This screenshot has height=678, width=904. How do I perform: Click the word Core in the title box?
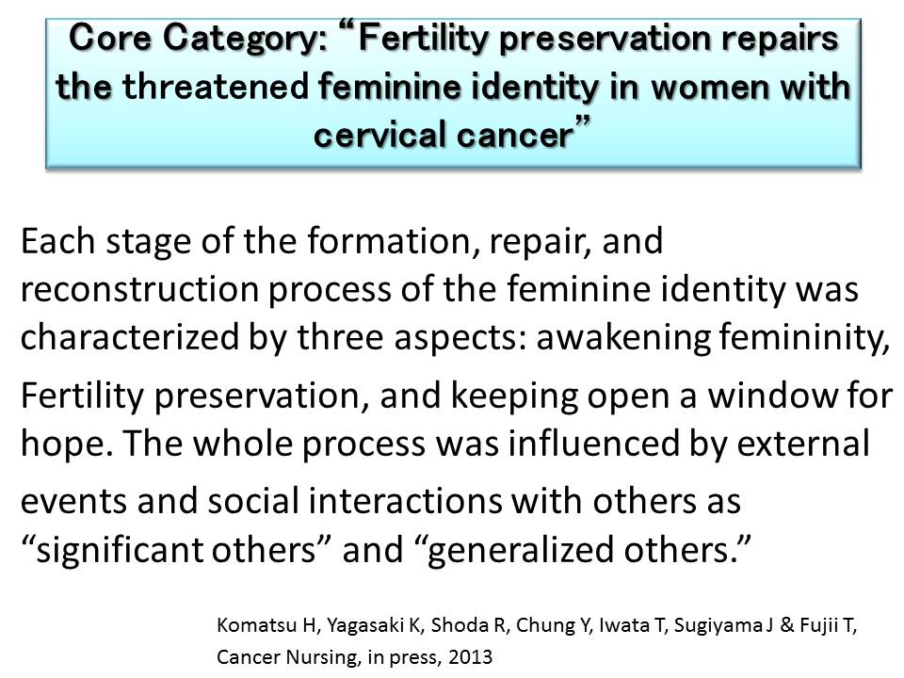[109, 38]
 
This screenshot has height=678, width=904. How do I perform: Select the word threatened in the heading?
[217, 87]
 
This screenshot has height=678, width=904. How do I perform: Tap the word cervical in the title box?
[379, 135]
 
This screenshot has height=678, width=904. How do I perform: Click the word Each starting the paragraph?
[58, 240]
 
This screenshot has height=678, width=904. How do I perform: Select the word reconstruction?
[139, 289]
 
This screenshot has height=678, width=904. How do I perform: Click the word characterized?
[130, 337]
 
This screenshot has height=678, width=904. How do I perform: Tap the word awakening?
[623, 338]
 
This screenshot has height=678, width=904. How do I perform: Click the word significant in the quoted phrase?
[120, 549]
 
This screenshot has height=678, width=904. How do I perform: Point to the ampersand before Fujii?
[787, 625]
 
